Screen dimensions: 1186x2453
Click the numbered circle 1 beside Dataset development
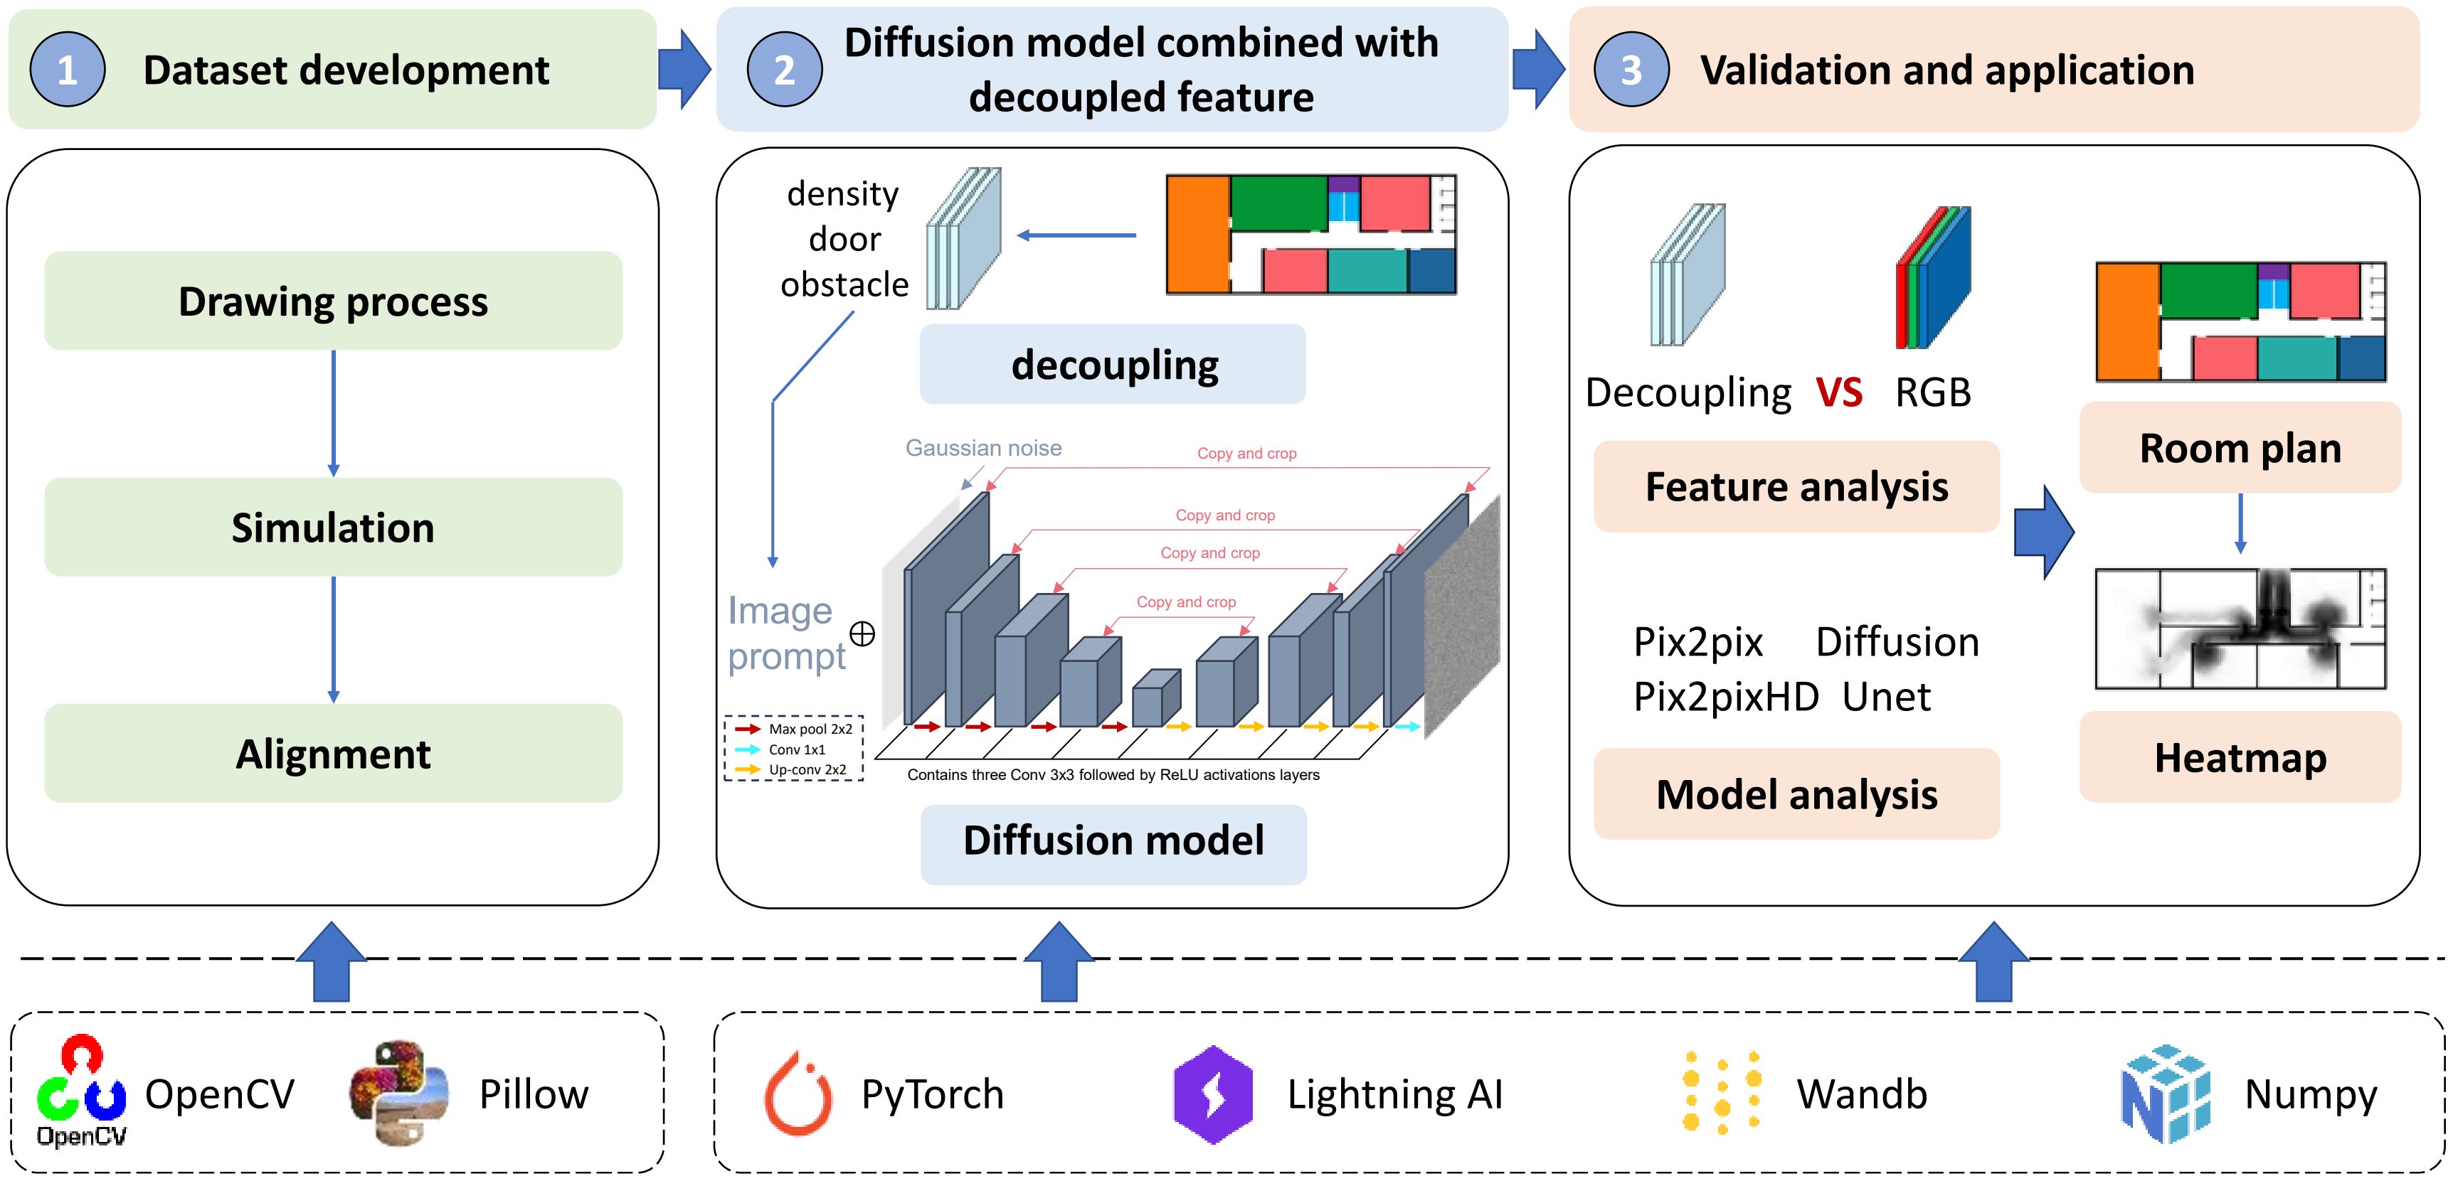67,70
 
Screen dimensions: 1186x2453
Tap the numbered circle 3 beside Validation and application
1631,70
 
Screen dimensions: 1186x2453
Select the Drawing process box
333,301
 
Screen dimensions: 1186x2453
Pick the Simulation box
333,528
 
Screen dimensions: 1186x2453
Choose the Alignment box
333,753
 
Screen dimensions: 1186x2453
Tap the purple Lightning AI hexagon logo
1213,1094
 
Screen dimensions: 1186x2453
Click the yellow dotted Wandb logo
1722,1093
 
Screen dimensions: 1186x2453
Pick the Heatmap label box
2240,758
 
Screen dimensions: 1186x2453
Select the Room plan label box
2240,447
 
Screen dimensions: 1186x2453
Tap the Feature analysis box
1796,486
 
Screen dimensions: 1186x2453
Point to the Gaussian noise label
982,447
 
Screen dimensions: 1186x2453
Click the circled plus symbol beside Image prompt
862,634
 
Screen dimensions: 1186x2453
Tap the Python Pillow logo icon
399,1093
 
